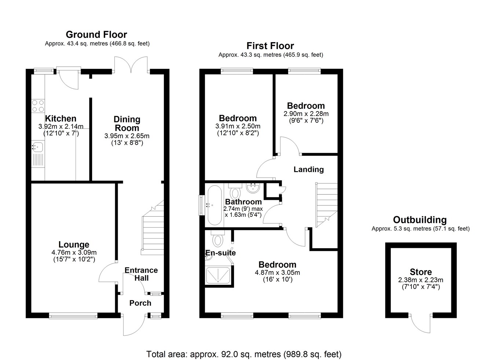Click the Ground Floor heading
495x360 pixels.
[x=96, y=35]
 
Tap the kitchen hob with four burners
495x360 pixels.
[x=38, y=106]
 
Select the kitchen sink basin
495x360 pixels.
[x=38, y=147]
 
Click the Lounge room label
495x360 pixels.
[x=74, y=245]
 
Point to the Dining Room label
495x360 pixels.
[x=127, y=124]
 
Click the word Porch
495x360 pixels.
[x=140, y=303]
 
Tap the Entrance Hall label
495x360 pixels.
[x=141, y=274]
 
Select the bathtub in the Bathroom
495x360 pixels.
[x=214, y=205]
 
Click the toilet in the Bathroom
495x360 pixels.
[x=235, y=191]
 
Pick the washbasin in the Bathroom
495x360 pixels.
[x=253, y=188]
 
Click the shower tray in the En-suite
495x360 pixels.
[x=218, y=275]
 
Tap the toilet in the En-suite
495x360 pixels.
[x=217, y=238]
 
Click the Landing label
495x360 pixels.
[x=308, y=169]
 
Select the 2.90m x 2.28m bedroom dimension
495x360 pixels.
[x=306, y=114]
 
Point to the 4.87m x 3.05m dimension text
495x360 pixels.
[x=277, y=272]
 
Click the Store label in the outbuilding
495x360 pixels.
[x=421, y=272]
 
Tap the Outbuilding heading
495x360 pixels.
[x=420, y=220]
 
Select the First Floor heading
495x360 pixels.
[x=270, y=46]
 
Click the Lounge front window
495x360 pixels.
[x=73, y=316]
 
